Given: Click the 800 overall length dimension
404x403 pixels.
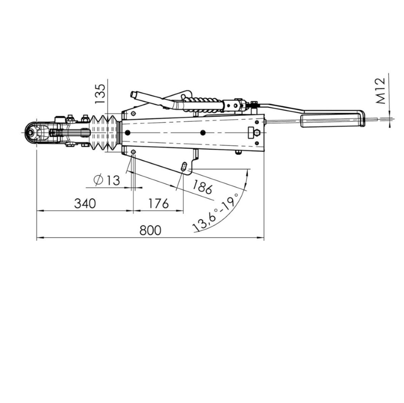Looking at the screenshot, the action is point(150,230).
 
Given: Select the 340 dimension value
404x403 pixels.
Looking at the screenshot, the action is point(85,203).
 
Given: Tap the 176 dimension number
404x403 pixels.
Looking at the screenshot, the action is point(158,203).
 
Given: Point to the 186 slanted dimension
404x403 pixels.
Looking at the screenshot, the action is point(203,187).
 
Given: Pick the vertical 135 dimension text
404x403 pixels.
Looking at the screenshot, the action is point(100,94).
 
